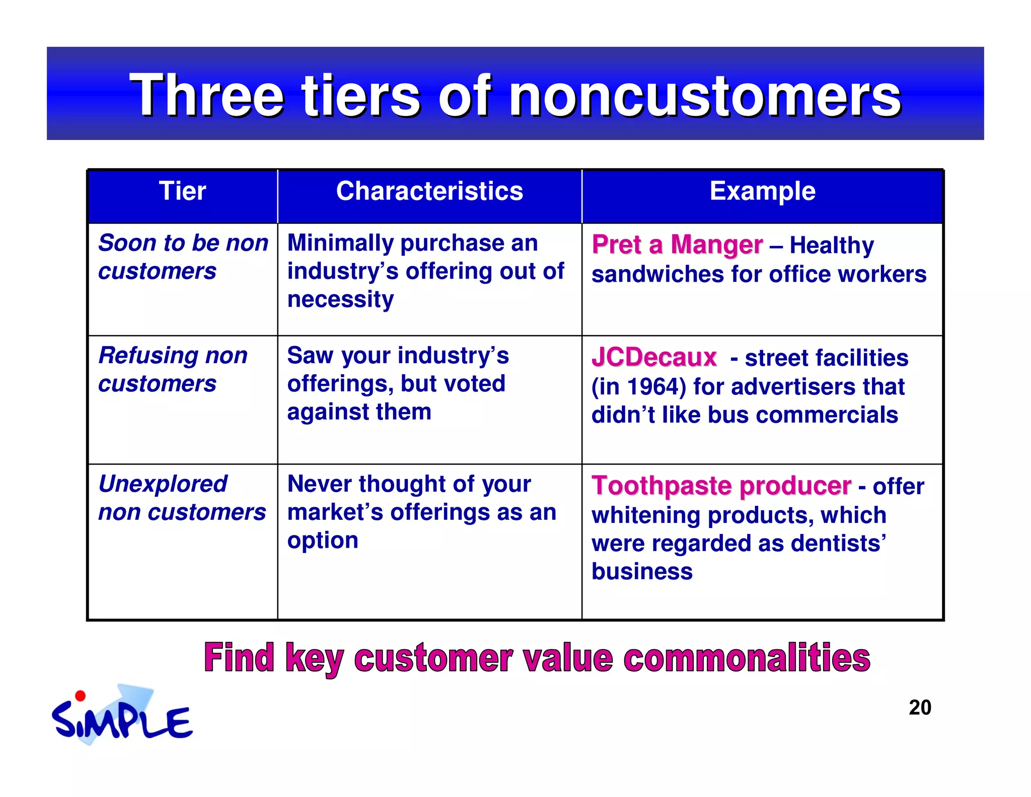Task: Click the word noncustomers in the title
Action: point(705,96)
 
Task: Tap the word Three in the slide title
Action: point(207,96)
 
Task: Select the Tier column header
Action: point(182,191)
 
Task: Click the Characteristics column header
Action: point(429,191)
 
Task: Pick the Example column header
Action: point(762,191)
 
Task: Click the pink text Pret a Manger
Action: point(677,245)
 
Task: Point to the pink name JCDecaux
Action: point(654,358)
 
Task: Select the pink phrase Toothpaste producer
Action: point(721,486)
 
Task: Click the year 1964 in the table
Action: point(656,387)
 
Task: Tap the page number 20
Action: point(920,708)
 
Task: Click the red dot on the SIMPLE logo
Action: point(80,696)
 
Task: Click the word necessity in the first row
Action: point(340,300)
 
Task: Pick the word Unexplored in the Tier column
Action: point(163,484)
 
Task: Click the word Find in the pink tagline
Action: point(239,658)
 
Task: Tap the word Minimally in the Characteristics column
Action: point(340,243)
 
